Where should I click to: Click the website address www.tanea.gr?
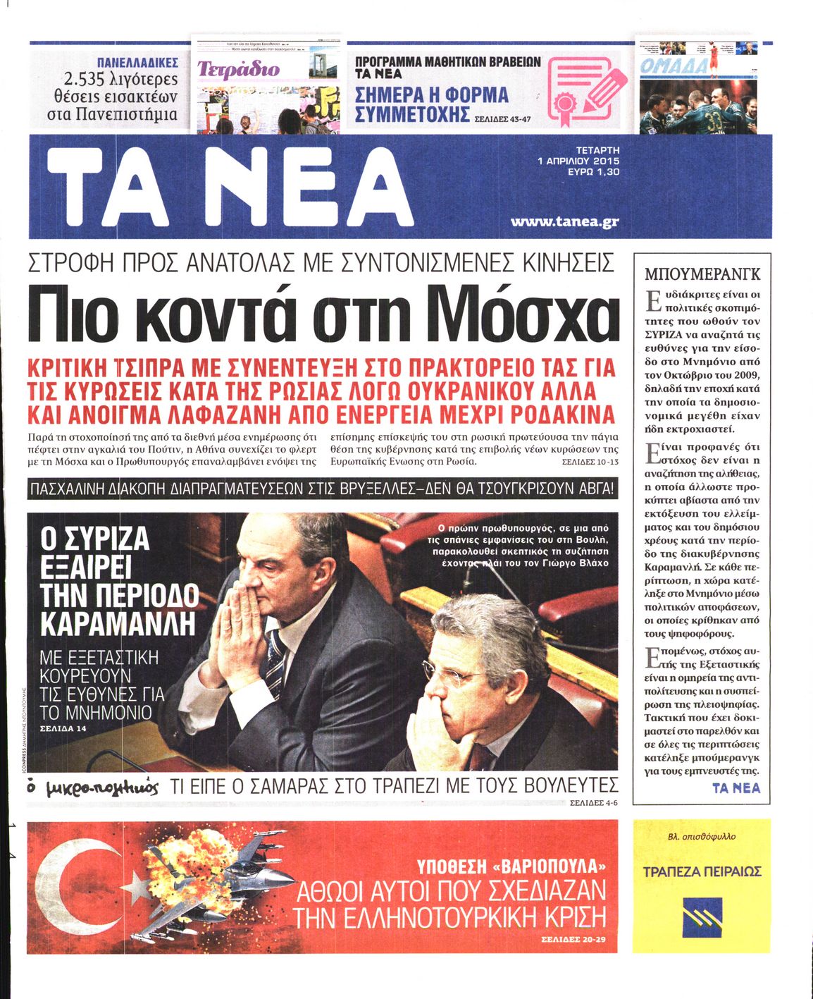tap(564, 222)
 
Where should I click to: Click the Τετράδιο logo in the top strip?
tap(238, 69)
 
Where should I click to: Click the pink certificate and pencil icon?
tap(584, 88)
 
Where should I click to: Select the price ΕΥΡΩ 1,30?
tap(593, 171)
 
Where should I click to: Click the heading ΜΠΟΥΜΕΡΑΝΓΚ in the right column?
tap(702, 274)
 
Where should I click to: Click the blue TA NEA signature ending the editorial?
tap(736, 788)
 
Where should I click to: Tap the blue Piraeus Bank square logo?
tap(702, 914)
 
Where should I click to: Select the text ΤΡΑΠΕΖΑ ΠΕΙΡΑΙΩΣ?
tap(702, 872)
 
